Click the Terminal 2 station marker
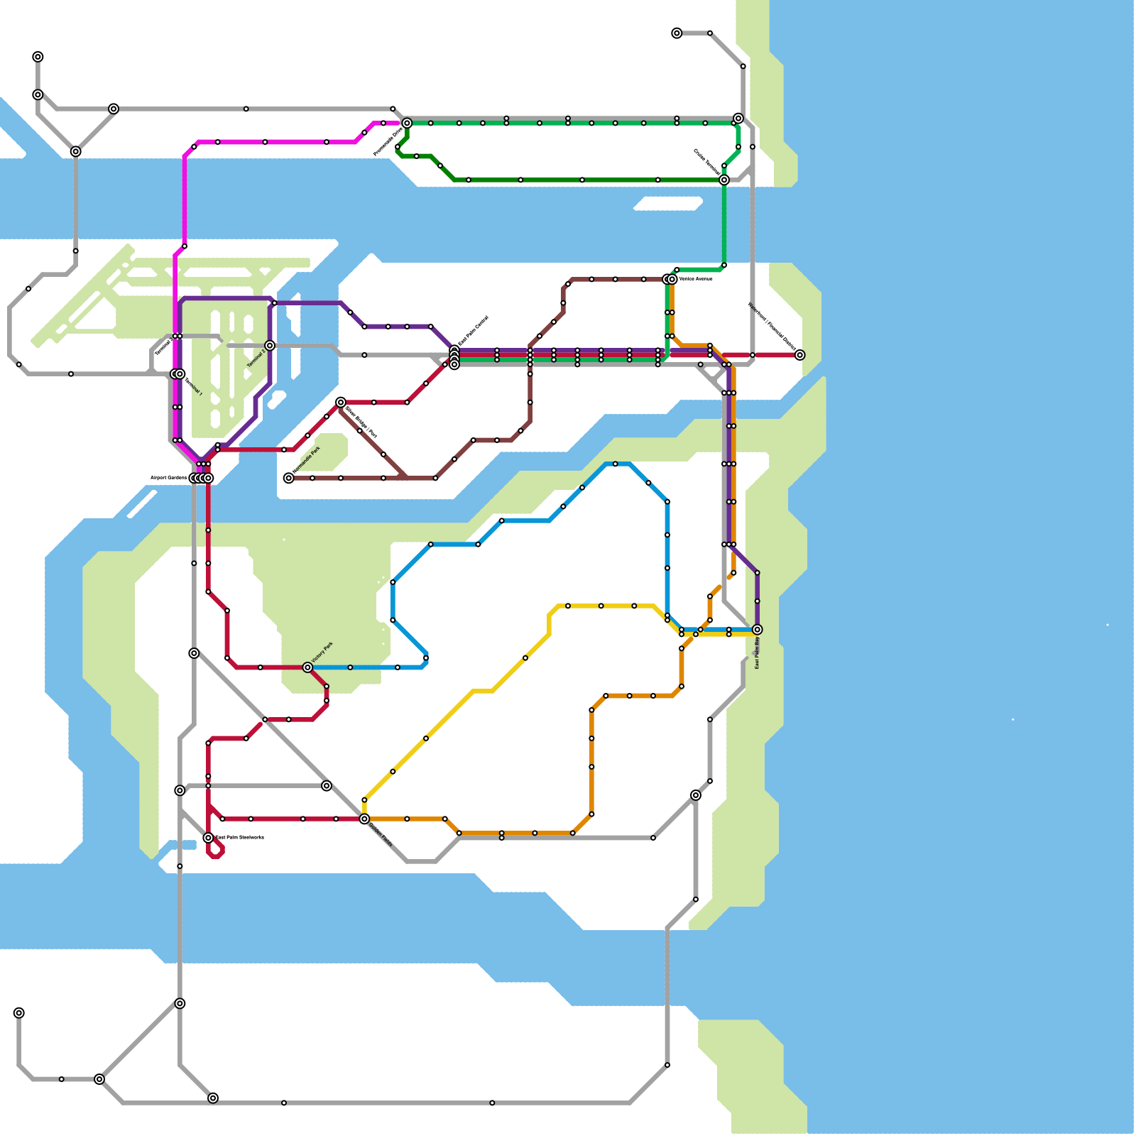coord(270,346)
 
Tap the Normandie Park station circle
coord(288,478)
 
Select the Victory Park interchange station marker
coord(307,667)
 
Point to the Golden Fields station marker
coord(364,819)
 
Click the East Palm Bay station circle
coord(757,630)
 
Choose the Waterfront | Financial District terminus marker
coord(799,355)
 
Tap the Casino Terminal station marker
coord(723,180)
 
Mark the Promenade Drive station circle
coord(407,123)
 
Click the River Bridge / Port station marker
coord(341,403)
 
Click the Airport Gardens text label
coord(168,478)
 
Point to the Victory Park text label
coord(322,652)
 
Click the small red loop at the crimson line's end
coord(216,850)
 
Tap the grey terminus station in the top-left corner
coord(38,57)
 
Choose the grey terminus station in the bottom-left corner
coord(19,1012)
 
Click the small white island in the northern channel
coord(667,204)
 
